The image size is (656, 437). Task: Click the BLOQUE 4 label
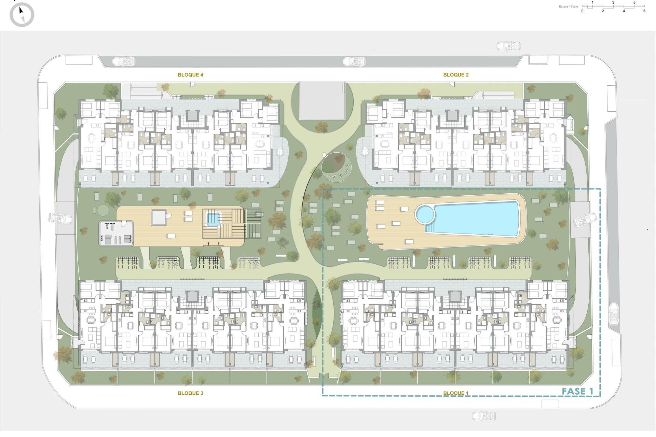point(190,75)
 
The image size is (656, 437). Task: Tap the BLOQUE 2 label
point(456,75)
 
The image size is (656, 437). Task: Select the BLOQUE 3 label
point(190,393)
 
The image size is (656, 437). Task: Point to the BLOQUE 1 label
point(456,393)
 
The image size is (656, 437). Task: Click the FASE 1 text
point(577,391)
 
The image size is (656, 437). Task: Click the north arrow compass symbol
point(22,15)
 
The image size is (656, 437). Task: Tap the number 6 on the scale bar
point(644,11)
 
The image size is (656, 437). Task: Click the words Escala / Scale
point(569,6)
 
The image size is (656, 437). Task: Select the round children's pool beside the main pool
point(425,214)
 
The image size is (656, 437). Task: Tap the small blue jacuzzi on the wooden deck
point(212,218)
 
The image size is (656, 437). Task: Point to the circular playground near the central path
point(336,167)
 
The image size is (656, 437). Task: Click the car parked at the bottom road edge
point(484,415)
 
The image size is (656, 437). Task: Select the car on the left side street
point(60,218)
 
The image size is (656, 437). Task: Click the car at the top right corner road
point(508,46)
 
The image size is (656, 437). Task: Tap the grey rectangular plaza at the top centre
point(322,101)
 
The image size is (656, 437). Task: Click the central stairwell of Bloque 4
point(192,116)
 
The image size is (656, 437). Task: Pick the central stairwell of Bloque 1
point(455,297)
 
